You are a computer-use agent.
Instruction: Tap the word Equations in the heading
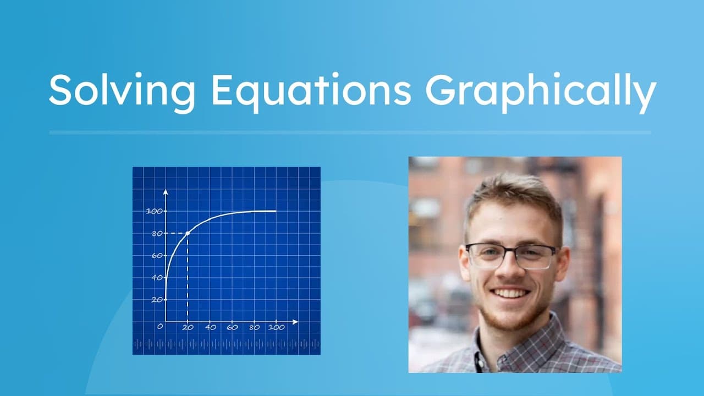pyautogui.click(x=311, y=91)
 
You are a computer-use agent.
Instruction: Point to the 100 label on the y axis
pyautogui.click(x=155, y=211)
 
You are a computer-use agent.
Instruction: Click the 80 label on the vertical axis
pyautogui.click(x=157, y=233)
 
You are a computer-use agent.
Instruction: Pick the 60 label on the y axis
pyautogui.click(x=157, y=256)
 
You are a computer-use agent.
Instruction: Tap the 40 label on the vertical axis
pyautogui.click(x=157, y=278)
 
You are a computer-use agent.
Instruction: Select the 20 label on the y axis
pyautogui.click(x=157, y=300)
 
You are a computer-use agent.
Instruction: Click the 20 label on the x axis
pyautogui.click(x=188, y=327)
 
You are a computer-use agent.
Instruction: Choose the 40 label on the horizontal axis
pyautogui.click(x=210, y=327)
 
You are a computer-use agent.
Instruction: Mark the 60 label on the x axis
pyautogui.click(x=232, y=327)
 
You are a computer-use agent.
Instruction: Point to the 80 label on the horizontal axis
pyautogui.click(x=254, y=327)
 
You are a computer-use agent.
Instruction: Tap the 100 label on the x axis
pyautogui.click(x=276, y=327)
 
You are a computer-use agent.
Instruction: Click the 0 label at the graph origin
pyautogui.click(x=160, y=327)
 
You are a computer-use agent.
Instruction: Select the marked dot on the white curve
pyautogui.click(x=188, y=233)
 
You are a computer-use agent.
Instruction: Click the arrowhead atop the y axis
pyautogui.click(x=166, y=193)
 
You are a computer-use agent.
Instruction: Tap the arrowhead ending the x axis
pyautogui.click(x=296, y=322)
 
